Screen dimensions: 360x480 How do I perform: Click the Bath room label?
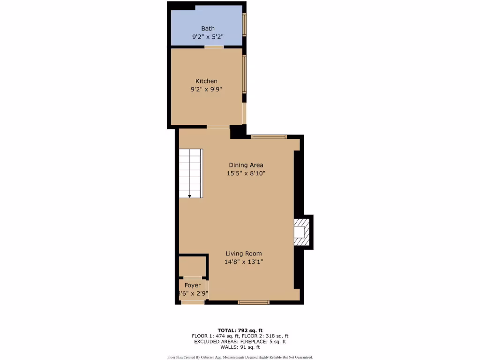[x=208, y=29]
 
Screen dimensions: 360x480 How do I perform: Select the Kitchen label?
[x=206, y=81]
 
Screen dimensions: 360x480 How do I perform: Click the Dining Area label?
[x=246, y=165]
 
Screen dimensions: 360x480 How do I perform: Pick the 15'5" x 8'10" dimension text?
[x=246, y=173]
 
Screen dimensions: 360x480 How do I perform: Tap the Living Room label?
[x=244, y=254]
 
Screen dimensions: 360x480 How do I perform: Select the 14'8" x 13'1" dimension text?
[x=244, y=262]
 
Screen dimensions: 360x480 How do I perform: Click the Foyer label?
[x=193, y=285]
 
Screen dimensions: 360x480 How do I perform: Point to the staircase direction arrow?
[x=189, y=196]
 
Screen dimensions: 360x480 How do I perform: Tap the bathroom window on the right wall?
[x=244, y=24]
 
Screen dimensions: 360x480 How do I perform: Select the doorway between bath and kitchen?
[x=214, y=47]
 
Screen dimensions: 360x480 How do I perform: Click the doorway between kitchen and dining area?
[x=218, y=127]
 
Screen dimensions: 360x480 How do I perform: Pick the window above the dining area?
[x=269, y=137]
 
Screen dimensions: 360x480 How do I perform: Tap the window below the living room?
[x=254, y=302]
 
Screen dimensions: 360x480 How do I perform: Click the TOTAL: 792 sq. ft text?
[x=240, y=330]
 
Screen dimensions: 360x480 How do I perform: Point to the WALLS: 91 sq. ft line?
[x=240, y=347]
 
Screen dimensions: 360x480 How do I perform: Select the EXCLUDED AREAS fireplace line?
[x=240, y=342]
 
